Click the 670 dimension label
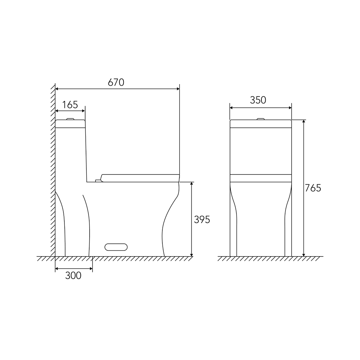[x=116, y=82]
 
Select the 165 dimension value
[x=70, y=105]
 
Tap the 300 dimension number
[x=73, y=275]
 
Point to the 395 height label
[x=202, y=220]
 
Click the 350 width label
[x=258, y=100]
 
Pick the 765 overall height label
[x=313, y=188]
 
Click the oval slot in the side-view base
[x=116, y=247]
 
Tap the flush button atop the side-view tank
[x=70, y=119]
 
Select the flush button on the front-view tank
[x=261, y=119]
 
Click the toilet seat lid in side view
[x=140, y=178]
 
